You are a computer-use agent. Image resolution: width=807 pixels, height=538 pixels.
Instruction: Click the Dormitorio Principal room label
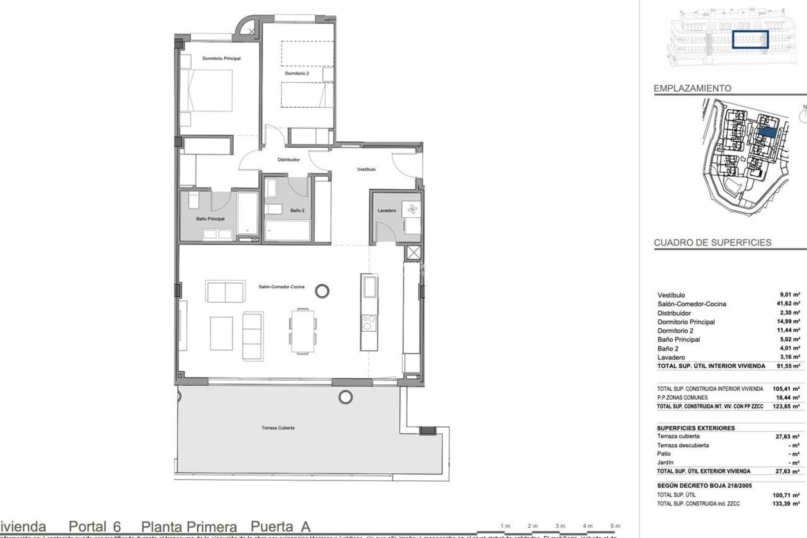(221, 58)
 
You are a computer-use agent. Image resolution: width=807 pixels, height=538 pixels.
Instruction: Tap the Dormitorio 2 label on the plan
(297, 74)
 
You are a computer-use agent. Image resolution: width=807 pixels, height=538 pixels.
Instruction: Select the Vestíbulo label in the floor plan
(366, 169)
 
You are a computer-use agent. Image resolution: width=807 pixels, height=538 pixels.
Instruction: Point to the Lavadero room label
(386, 211)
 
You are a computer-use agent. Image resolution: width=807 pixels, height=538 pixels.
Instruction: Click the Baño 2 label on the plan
(297, 211)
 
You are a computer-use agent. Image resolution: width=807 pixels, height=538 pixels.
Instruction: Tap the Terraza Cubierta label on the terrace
(278, 428)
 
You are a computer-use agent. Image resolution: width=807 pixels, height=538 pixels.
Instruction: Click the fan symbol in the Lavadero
(411, 209)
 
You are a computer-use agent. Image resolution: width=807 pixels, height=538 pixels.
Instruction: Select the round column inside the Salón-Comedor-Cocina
(322, 290)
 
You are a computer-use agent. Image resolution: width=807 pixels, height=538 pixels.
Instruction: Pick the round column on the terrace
(345, 396)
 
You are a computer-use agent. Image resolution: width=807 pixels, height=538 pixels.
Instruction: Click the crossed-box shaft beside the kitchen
(414, 253)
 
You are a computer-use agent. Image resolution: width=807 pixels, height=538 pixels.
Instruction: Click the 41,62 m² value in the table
(790, 304)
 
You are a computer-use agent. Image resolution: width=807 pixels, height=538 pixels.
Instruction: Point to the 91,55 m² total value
(790, 366)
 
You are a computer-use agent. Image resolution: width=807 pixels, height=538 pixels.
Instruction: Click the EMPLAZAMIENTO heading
(692, 89)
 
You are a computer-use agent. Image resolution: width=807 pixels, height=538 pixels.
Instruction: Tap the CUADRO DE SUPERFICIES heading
(712, 243)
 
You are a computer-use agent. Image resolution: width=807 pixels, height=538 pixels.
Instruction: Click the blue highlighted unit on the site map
(767, 132)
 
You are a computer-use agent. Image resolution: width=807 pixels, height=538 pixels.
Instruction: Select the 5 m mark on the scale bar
(615, 526)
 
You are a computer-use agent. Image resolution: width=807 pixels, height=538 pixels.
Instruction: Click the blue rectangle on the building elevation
(750, 40)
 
